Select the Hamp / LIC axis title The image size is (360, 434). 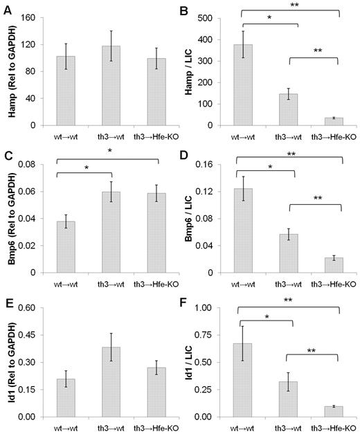point(193,71)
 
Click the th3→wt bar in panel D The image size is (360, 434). point(293,253)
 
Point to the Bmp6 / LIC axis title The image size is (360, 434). point(193,218)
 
